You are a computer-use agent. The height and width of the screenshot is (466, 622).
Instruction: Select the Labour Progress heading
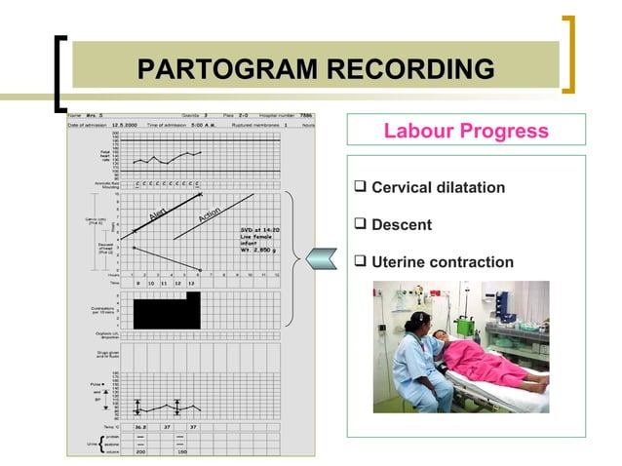pos(466,131)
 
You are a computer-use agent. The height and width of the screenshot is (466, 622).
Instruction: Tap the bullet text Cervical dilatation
pos(438,186)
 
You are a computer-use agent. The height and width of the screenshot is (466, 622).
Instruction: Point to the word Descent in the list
pos(402,224)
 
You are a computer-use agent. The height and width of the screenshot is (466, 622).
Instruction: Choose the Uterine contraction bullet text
pos(443,262)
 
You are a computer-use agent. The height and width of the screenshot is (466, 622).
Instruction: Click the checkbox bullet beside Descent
pos(361,224)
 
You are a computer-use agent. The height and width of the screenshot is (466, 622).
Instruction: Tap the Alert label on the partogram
pos(161,214)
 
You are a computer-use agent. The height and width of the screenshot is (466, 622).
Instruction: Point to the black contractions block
pos(166,312)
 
